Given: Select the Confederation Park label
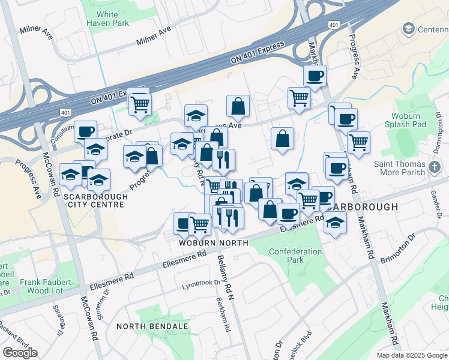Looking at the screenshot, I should [x=295, y=256].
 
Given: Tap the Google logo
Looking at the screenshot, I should [x=20, y=353].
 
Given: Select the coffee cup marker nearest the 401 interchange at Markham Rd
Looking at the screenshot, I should [x=315, y=76].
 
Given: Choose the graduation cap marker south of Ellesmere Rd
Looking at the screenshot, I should [x=335, y=223].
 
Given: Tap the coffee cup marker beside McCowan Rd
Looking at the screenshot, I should [x=85, y=131].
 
